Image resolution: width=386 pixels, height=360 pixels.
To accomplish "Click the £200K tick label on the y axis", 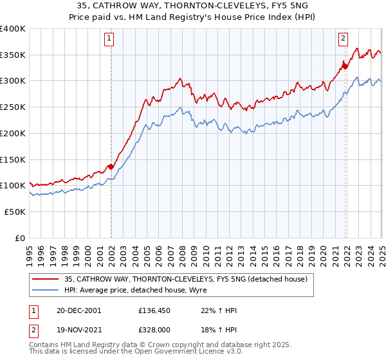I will (x=13, y=133).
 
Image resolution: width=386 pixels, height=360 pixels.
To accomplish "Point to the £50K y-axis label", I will (x=15, y=212).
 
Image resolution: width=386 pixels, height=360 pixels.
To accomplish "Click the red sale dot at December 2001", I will (x=111, y=166).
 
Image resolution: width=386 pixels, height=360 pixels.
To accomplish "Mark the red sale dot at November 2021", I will (x=345, y=66).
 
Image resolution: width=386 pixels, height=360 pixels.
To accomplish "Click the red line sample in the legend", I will (x=44, y=279).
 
